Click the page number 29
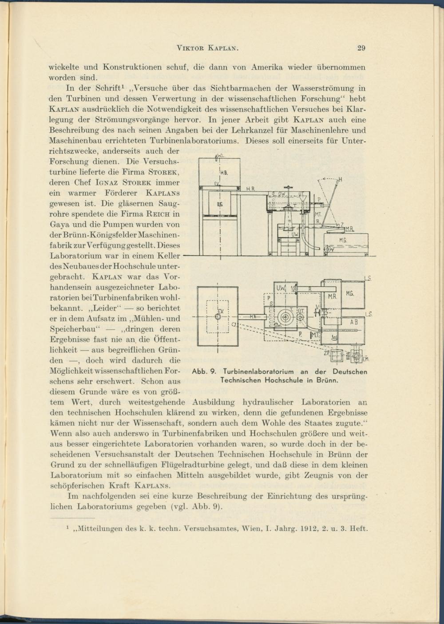pos(361,48)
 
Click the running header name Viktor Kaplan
pos(208,48)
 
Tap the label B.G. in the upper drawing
pos(220,204)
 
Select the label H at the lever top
pos(341,180)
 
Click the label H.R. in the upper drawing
pos(250,189)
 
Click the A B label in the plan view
pos(354,322)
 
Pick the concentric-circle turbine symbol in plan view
pos(285,317)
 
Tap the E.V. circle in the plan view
pos(218,317)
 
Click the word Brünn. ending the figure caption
pos(328,380)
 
